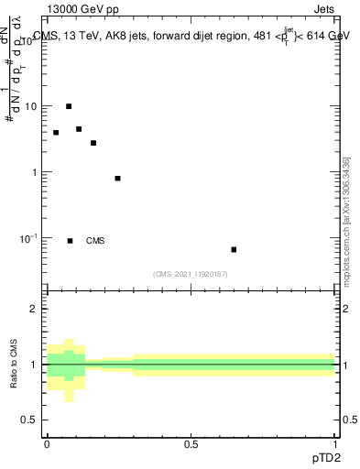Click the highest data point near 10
[69, 106]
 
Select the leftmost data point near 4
[56, 133]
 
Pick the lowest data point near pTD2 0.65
[234, 249]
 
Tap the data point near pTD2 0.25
[117, 178]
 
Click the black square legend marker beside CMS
[70, 241]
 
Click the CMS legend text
[94, 241]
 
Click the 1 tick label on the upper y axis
[34, 172]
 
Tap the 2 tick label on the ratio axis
[34, 309]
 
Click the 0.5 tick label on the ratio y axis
[29, 420]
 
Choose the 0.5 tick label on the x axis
[191, 444]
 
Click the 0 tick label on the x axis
[47, 444]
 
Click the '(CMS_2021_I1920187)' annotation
[191, 274]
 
